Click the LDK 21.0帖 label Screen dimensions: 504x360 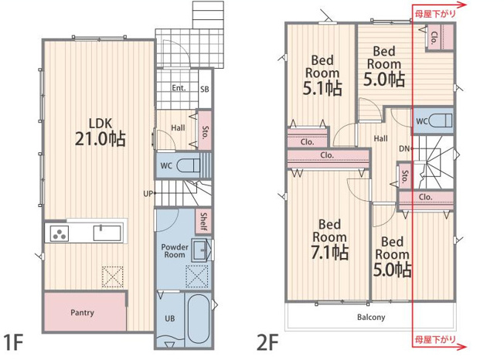(x=100, y=132)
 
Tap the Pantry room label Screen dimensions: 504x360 (x=82, y=312)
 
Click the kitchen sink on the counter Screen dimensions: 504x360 (x=107, y=233)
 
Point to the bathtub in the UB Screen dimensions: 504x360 (x=199, y=320)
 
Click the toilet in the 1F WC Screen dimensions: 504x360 (x=189, y=166)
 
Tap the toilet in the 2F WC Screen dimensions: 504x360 (x=441, y=121)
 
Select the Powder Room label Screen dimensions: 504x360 (x=175, y=251)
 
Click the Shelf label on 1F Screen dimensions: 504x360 (x=203, y=221)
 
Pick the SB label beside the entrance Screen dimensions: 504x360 (x=205, y=89)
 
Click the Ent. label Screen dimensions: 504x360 (x=179, y=87)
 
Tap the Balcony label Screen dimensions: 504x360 (x=371, y=318)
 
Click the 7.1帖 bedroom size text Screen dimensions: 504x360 (x=330, y=252)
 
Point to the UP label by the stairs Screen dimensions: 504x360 (x=148, y=194)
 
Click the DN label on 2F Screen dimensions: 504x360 (x=404, y=148)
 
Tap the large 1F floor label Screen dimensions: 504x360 (x=13, y=342)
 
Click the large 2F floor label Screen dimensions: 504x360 (x=267, y=342)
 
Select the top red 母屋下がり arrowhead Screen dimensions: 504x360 (x=463, y=5)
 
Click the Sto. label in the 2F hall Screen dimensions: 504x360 (x=405, y=176)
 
